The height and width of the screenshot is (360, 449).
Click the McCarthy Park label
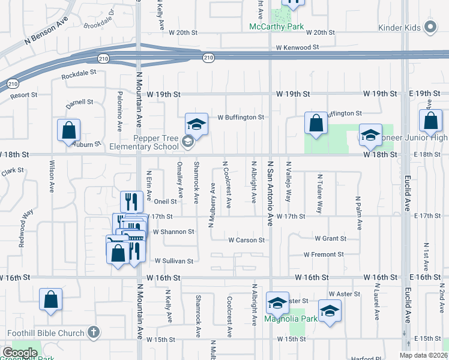tap(277, 28)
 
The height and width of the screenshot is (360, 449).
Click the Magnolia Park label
tap(291, 319)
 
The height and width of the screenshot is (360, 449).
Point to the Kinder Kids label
tap(400, 28)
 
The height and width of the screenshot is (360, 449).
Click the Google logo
tap(20, 353)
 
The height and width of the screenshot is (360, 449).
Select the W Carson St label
tap(246, 240)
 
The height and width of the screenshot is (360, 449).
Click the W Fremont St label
tap(324, 254)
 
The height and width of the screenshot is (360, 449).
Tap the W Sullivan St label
tap(174, 261)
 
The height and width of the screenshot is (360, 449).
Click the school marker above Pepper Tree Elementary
tap(196, 124)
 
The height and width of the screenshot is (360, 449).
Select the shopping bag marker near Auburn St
tap(69, 130)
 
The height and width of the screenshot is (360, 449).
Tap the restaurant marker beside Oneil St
tap(131, 200)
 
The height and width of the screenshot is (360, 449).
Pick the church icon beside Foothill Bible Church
tap(93, 332)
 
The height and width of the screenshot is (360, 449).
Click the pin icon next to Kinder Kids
tap(430, 27)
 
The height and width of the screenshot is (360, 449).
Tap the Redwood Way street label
tap(26, 221)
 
